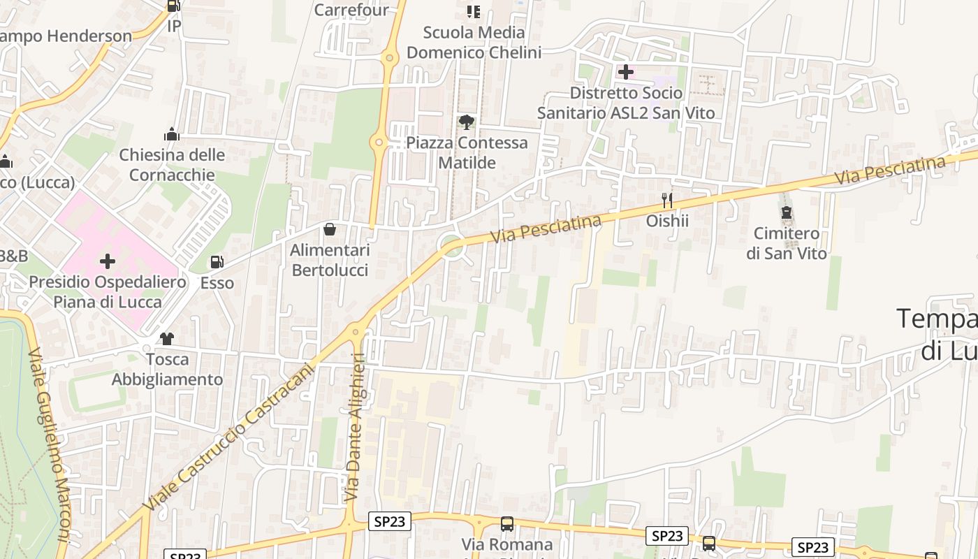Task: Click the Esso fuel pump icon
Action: point(217,262)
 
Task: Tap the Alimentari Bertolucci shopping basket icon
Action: point(330,229)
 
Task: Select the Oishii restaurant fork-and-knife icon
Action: point(667,201)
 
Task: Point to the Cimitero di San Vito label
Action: point(787,243)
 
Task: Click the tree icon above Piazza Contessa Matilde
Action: point(467,122)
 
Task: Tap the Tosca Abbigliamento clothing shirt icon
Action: point(166,339)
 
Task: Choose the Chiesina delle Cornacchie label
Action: point(172,165)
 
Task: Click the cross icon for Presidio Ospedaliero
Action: point(108,261)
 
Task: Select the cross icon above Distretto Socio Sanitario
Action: point(626,71)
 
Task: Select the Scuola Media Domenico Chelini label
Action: point(474,42)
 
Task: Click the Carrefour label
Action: point(351,10)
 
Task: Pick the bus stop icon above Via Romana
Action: point(507,524)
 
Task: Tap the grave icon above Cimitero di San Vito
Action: point(787,212)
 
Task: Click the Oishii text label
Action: point(667,221)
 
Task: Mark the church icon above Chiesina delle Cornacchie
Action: point(172,134)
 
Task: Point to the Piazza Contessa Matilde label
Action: point(467,152)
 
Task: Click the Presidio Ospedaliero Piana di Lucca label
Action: point(108,292)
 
